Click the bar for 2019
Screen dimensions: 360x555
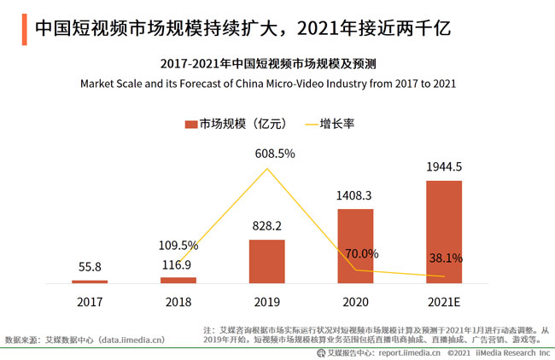pyautogui.click(x=267, y=261)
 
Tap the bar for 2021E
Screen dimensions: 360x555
pyautogui.click(x=444, y=231)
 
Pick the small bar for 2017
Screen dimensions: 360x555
pyautogui.click(x=90, y=281)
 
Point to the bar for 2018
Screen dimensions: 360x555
pyautogui.click(x=178, y=279)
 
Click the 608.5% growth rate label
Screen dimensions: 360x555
pyautogui.click(x=268, y=154)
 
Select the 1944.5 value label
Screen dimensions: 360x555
pyautogui.click(x=444, y=166)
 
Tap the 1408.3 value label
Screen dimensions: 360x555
pyautogui.click(x=355, y=195)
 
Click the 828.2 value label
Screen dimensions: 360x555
pyautogui.click(x=267, y=226)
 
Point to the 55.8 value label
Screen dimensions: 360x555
pyautogui.click(x=90, y=267)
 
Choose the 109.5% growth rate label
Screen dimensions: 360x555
pyautogui.click(x=178, y=245)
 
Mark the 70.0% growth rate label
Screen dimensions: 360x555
pyautogui.click(x=358, y=253)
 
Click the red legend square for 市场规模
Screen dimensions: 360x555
pyautogui.click(x=191, y=124)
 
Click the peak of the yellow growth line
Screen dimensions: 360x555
pyautogui.click(x=268, y=168)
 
